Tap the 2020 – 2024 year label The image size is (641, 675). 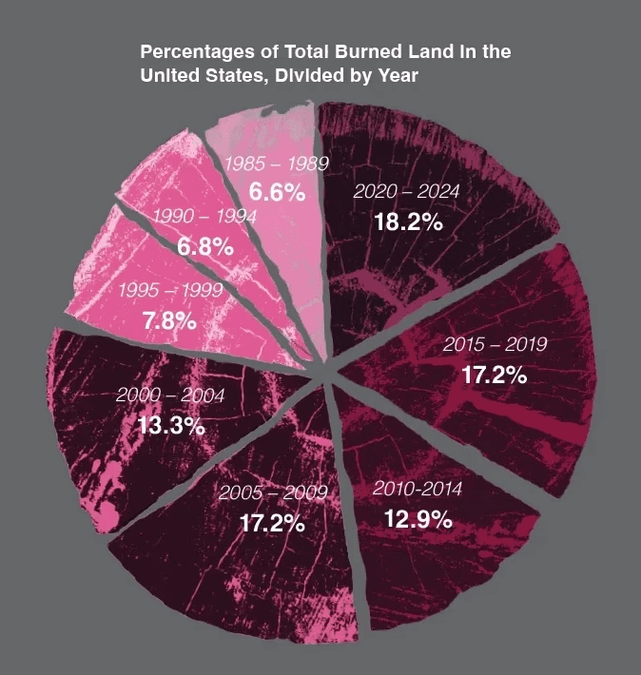[x=406, y=192]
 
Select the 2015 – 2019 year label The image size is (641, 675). [x=495, y=343]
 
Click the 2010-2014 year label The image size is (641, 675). [x=418, y=490]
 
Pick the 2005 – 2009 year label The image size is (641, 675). [x=273, y=492]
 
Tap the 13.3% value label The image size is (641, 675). [x=171, y=425]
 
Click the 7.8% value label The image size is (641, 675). [x=169, y=321]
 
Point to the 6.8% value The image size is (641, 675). [x=205, y=247]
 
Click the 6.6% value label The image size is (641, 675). [x=277, y=192]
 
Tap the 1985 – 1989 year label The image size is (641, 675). [x=276, y=164]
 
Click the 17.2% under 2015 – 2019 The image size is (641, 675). [x=495, y=374]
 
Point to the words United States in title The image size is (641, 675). [x=191, y=74]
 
